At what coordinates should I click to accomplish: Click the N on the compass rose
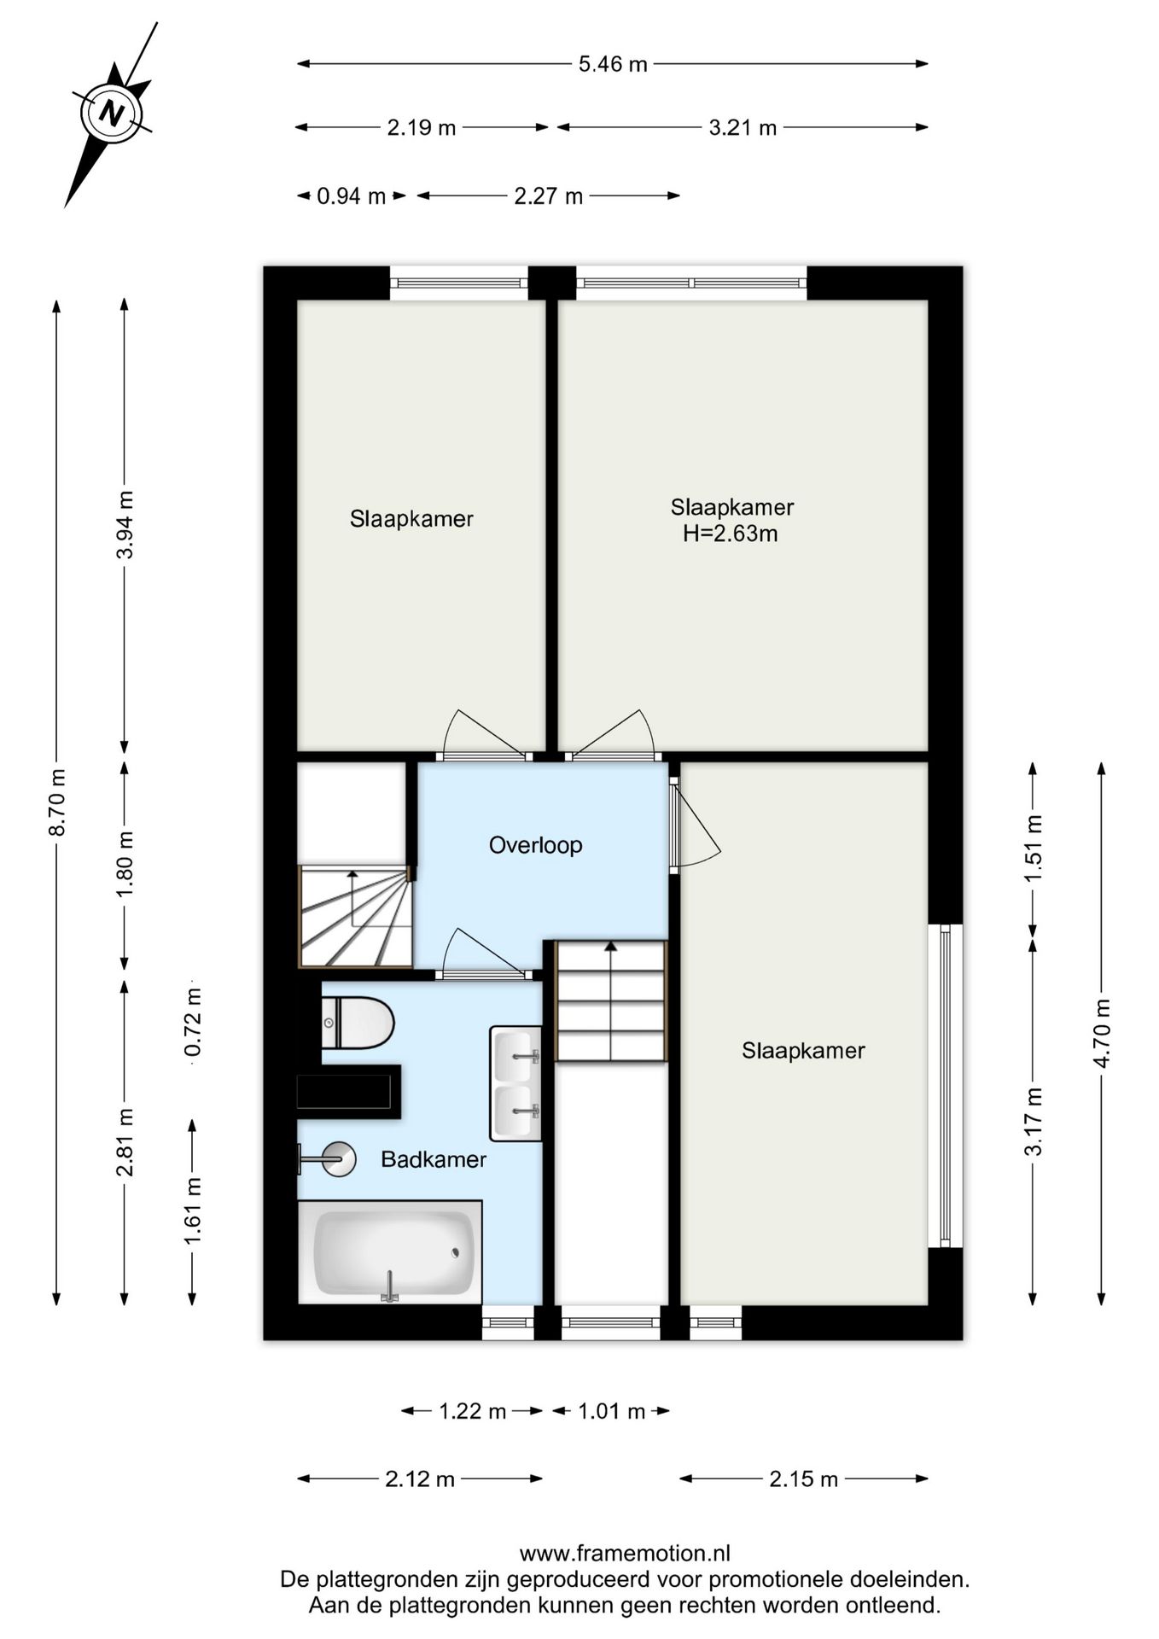[112, 112]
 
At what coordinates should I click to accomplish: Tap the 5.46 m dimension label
[613, 64]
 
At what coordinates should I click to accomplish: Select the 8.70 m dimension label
[56, 802]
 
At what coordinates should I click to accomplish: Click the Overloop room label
[535, 845]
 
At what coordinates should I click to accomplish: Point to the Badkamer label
[434, 1159]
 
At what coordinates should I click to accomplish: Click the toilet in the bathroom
[358, 1023]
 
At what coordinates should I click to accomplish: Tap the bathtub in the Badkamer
[390, 1252]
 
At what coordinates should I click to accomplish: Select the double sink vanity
[515, 1083]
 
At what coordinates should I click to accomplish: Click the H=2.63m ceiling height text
[730, 534]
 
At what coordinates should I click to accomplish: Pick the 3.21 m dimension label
[743, 128]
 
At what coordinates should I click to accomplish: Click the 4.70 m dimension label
[1102, 1032]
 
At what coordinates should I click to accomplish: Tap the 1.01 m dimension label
[611, 1411]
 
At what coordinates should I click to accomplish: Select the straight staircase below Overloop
[610, 1000]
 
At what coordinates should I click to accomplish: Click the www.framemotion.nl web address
[625, 1553]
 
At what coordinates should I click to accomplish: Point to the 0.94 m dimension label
[352, 196]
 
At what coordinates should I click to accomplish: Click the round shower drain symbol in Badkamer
[340, 1159]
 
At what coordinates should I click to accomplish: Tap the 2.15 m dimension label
[803, 1479]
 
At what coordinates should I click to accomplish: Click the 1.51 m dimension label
[1034, 849]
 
